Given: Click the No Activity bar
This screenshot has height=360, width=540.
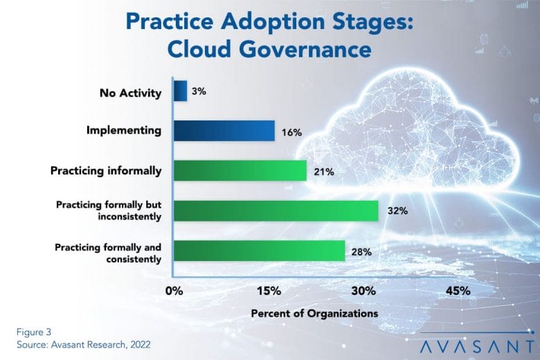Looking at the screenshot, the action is click(x=181, y=91).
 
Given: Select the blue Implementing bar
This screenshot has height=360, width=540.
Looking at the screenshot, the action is click(x=224, y=131).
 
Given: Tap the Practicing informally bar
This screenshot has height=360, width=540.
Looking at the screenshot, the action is click(x=240, y=170).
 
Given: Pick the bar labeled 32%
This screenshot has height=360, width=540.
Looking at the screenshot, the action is click(x=276, y=211).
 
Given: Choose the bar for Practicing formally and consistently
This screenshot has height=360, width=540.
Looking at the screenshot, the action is click(x=260, y=251).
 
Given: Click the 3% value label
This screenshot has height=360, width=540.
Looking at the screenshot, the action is click(x=199, y=91).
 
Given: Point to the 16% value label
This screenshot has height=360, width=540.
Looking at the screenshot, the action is click(x=291, y=132).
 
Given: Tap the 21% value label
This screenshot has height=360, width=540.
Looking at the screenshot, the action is click(x=324, y=172).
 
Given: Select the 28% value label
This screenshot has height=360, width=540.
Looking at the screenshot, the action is click(x=361, y=252).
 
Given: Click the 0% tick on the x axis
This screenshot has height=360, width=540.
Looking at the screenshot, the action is click(x=174, y=291).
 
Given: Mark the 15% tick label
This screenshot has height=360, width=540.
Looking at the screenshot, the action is click(x=269, y=291).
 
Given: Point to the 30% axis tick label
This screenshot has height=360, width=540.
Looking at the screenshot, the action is click(x=363, y=291).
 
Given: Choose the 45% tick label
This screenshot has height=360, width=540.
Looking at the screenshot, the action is click(x=458, y=291).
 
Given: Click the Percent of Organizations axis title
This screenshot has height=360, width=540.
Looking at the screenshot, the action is click(x=314, y=314).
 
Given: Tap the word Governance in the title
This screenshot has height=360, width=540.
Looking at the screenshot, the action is click(x=305, y=49).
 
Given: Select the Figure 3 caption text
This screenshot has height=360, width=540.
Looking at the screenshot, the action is click(x=34, y=332).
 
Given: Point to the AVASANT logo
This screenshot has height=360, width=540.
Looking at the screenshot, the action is click(x=477, y=345).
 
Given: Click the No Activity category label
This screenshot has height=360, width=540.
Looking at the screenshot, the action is click(x=131, y=93).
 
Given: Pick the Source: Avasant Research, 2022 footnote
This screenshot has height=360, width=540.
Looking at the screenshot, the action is click(x=83, y=345).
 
